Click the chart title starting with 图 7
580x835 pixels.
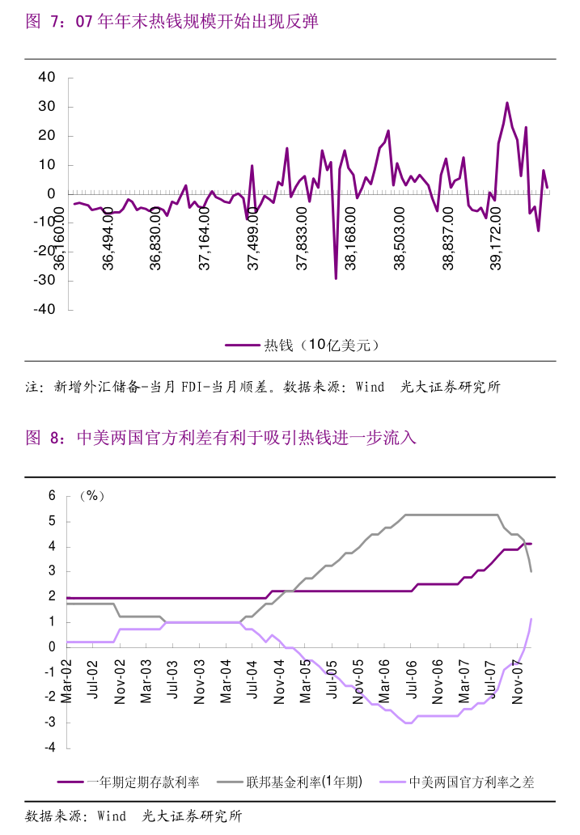(171, 22)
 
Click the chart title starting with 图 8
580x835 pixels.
(220, 439)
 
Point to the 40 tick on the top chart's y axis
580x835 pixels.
(47, 78)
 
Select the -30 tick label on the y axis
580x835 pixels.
(44, 280)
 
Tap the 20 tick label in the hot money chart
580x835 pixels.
(47, 136)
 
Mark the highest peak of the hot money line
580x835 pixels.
(507, 103)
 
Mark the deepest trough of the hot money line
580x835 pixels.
(336, 278)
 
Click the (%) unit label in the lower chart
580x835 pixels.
(91, 496)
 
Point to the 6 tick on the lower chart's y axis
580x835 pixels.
(52, 496)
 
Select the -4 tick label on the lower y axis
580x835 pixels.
(49, 748)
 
